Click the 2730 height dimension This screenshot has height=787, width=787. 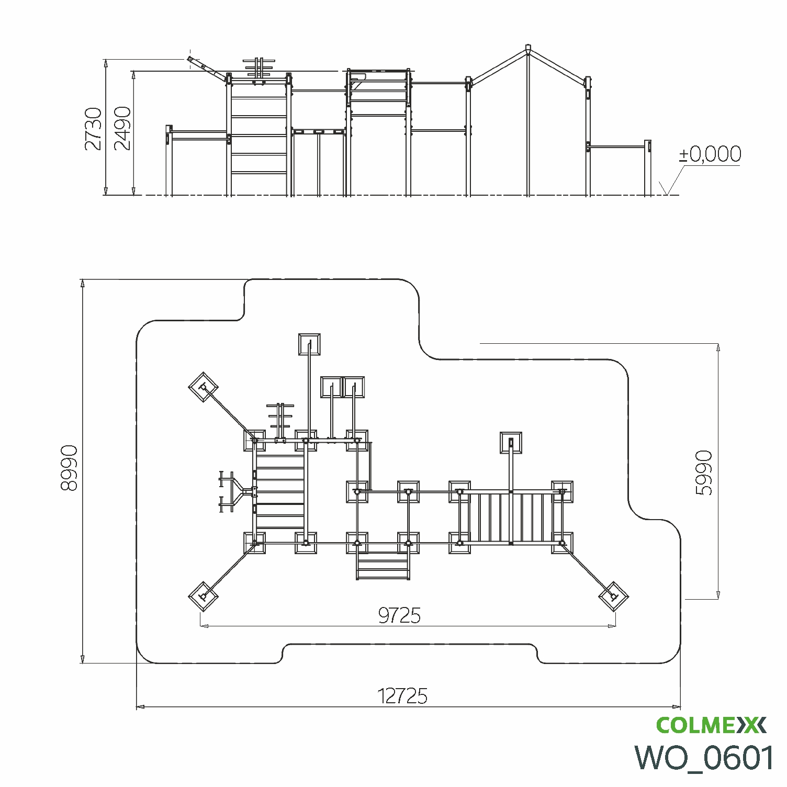point(94,129)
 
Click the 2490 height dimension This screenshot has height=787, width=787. point(122,129)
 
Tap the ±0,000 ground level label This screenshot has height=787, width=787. point(710,154)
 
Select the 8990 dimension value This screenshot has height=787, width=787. point(69,468)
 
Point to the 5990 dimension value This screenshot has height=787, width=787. point(704,473)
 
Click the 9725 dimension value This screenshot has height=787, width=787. point(399,616)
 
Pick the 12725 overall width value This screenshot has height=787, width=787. point(402,696)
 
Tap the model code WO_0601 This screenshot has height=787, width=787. point(704,757)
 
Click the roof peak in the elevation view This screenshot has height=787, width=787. point(528,48)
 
